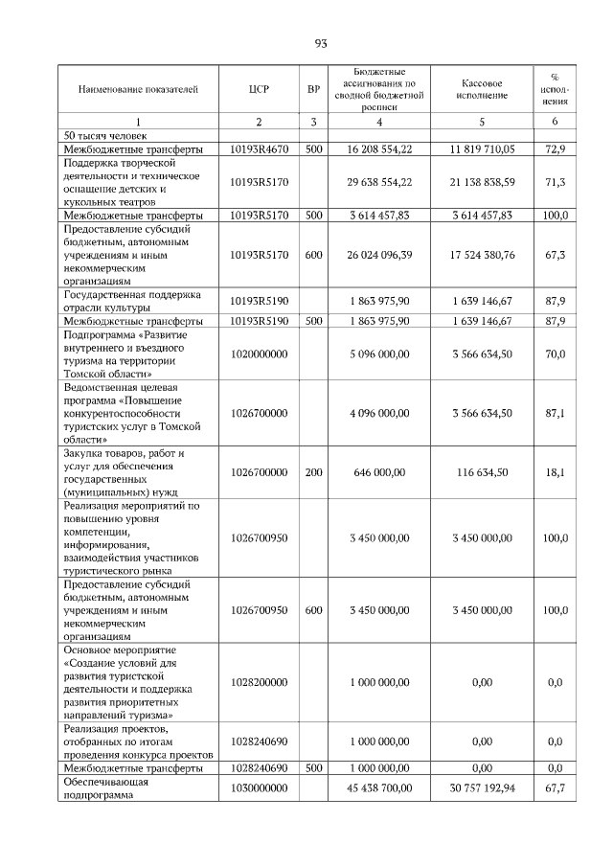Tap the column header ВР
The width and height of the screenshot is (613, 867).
point(313,89)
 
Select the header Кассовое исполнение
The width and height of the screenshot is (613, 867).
point(482,89)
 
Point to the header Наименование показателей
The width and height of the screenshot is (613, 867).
point(138,89)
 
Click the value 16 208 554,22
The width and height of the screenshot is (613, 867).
point(379,148)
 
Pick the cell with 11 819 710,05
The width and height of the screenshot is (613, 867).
point(482,148)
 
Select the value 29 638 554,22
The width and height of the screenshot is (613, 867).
point(379,182)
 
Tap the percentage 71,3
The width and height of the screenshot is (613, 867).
point(554,182)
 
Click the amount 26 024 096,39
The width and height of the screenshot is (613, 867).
point(379,255)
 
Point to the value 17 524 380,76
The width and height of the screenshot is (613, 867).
point(482,255)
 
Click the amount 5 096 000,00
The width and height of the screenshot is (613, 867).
point(379,354)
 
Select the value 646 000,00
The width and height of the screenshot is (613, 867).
point(379,472)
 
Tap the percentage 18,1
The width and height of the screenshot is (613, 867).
point(554,472)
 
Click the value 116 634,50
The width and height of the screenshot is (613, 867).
point(482,472)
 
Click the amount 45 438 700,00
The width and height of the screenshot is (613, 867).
point(379,787)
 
